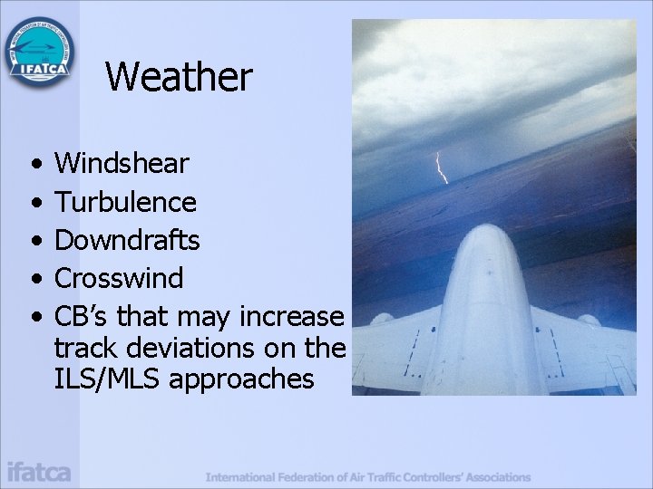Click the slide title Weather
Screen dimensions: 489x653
179,77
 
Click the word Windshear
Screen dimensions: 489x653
122,164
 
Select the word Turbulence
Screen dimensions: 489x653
125,202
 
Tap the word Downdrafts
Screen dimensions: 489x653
127,240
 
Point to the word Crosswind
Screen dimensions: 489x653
119,278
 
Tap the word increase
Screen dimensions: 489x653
292,317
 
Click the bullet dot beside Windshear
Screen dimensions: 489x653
34,165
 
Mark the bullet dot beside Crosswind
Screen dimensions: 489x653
34,279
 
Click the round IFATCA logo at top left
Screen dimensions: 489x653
41,53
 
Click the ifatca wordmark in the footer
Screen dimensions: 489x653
39,472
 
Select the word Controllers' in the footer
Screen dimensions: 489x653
443,476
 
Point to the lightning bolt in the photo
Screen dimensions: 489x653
441,167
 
